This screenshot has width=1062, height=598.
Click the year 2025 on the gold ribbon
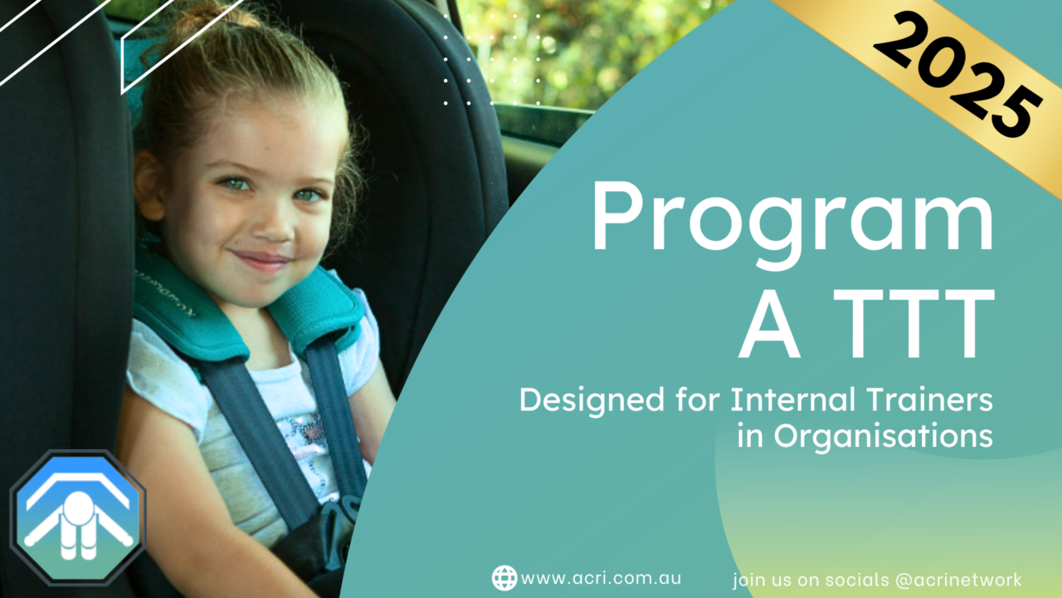click(x=957, y=75)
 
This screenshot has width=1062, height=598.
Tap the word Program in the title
click(x=792, y=224)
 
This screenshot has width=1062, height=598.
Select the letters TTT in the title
click(x=913, y=323)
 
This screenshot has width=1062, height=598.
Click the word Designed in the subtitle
click(x=592, y=399)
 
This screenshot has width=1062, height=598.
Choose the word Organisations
click(x=884, y=436)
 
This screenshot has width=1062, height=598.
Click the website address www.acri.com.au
click(x=601, y=578)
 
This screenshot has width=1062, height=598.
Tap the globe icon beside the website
click(x=504, y=577)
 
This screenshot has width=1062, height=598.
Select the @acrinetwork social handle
click(x=958, y=580)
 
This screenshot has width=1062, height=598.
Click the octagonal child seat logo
click(x=78, y=518)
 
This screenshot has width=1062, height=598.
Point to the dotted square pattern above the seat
click(x=492, y=59)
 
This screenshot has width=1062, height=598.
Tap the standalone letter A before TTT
click(x=771, y=323)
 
